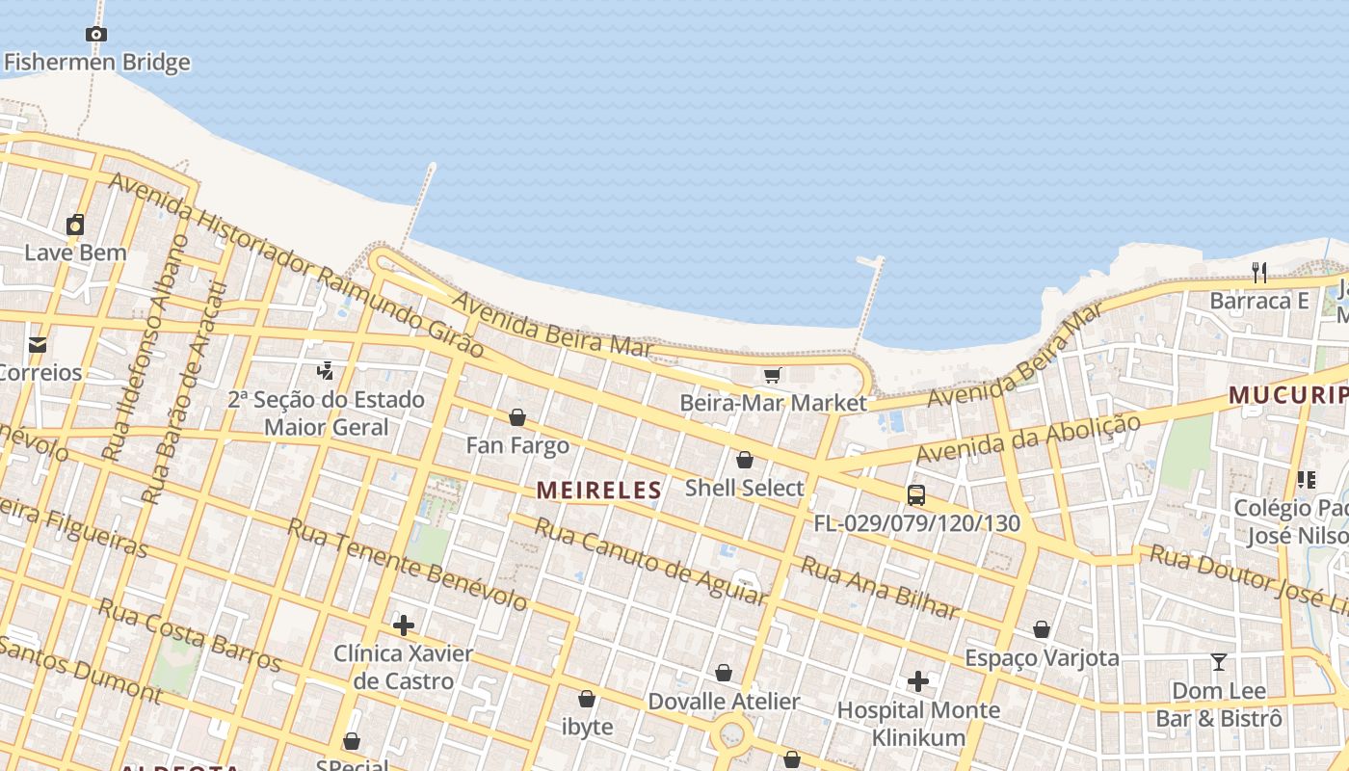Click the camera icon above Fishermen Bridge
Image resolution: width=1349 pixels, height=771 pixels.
(95, 35)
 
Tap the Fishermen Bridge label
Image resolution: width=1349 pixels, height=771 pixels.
(96, 63)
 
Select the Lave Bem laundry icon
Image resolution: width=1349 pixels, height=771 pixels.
(75, 226)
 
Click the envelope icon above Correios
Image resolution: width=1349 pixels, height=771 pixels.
(38, 345)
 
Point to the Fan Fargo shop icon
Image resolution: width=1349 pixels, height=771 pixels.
(517, 417)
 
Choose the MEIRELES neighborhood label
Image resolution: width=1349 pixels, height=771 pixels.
(599, 490)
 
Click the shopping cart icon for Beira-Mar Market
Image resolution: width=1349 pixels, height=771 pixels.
(772, 375)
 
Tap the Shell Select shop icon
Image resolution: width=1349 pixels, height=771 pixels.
(744, 461)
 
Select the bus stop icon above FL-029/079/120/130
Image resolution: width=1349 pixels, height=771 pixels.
(916, 495)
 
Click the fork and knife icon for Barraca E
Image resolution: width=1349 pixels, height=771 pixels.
(1259, 272)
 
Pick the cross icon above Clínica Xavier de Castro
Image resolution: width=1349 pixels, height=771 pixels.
(404, 625)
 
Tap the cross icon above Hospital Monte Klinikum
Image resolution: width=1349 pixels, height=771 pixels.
(918, 682)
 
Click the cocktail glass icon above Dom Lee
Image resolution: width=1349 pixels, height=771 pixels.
(1219, 662)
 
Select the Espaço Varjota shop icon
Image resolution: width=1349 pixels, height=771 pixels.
(1042, 630)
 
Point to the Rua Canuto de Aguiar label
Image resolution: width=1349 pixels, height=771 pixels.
(650, 562)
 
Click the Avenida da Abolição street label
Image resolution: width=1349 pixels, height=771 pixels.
(1028, 439)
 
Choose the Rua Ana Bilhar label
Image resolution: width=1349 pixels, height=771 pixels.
(880, 588)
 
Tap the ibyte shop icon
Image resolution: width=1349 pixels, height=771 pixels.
(587, 699)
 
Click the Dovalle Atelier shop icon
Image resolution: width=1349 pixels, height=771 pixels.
(724, 674)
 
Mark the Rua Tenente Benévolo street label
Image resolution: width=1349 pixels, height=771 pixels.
(408, 565)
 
